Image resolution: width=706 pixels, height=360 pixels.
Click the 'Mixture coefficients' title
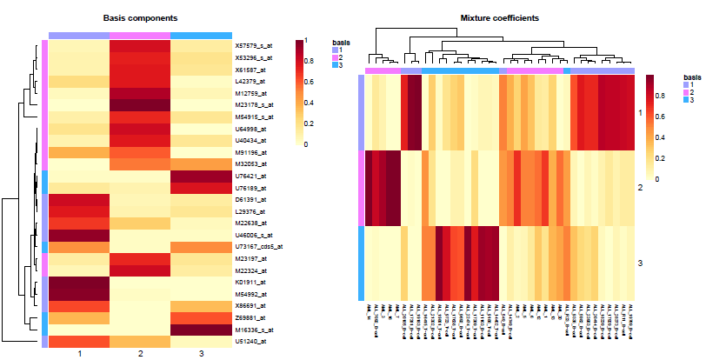point(499,18)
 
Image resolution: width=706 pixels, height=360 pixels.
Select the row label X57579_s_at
point(252,45)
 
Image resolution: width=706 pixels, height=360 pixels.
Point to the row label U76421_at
point(249,176)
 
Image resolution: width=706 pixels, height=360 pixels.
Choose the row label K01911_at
point(249,283)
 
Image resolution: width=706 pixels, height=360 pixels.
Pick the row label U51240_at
point(249,343)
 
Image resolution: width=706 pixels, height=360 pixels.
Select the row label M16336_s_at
point(252,330)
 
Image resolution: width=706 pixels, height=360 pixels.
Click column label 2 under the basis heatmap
point(140,354)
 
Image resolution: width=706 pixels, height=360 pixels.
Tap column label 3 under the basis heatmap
point(201,354)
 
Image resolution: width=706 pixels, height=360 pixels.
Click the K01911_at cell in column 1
point(79,283)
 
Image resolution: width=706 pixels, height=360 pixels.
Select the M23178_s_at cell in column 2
point(140,104)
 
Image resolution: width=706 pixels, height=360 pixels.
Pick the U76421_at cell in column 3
point(201,176)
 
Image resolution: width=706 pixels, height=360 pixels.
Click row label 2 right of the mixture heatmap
point(641,188)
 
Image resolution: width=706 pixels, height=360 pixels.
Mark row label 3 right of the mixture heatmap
point(641,263)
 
